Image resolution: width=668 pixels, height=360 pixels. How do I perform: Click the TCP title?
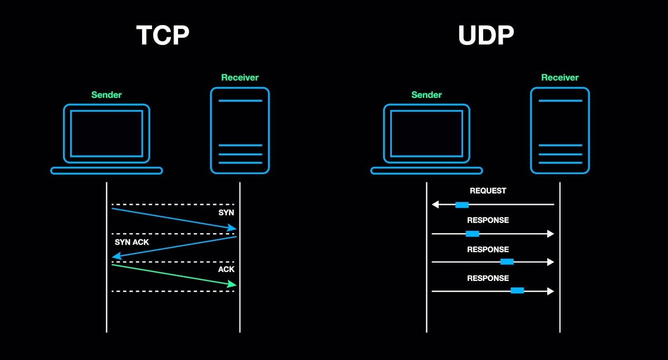coord(163,36)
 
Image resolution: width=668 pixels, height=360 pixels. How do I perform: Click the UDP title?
coord(485,36)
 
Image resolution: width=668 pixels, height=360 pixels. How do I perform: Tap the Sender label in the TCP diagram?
coord(106,95)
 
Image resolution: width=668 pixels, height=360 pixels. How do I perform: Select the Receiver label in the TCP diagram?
coord(240,77)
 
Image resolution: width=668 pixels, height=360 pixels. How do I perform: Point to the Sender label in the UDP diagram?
coord(426,95)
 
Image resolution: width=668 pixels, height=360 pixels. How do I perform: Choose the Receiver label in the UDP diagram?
coord(560,77)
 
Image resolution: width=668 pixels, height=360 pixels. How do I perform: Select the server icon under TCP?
coord(240,131)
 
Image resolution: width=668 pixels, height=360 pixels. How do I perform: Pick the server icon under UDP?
coord(560,131)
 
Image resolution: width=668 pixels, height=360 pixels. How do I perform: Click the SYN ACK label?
coord(132,242)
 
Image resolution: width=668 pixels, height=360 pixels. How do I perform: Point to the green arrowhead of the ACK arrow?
coord(232,284)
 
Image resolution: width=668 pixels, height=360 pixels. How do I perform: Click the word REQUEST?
coord(488,191)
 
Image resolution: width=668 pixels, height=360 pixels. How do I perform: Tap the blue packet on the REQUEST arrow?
coord(462,205)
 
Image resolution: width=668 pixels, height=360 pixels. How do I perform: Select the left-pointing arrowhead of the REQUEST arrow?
coord(435,205)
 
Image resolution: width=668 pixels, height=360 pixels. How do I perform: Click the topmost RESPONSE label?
coord(488,220)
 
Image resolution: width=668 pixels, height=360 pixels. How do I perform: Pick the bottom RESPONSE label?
coord(488,278)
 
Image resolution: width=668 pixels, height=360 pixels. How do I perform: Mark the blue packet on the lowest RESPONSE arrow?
coord(517,290)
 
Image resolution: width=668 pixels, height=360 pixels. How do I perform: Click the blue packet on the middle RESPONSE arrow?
coord(507,262)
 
